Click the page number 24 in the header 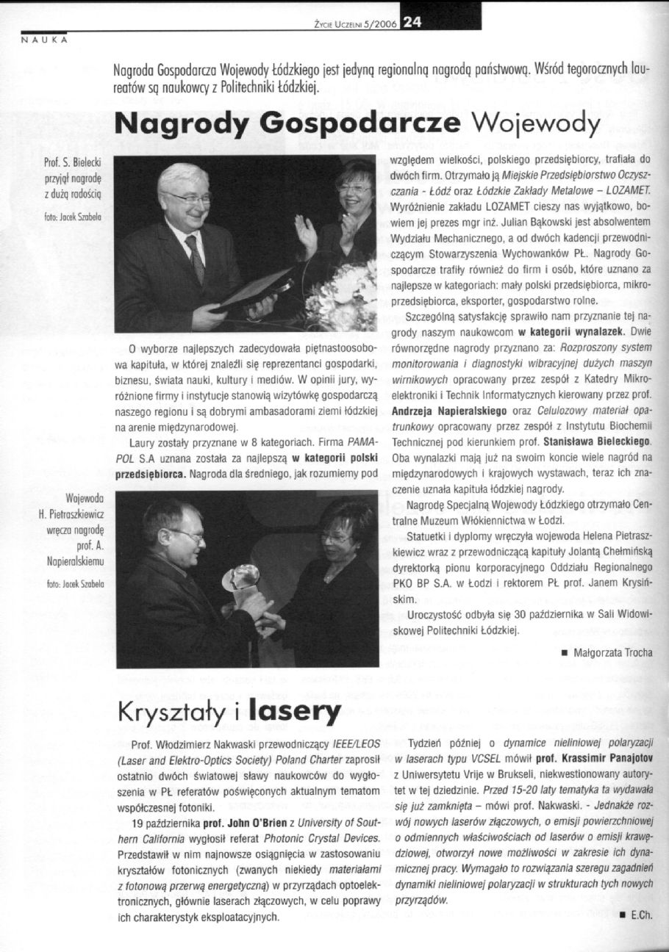pos(410,21)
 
